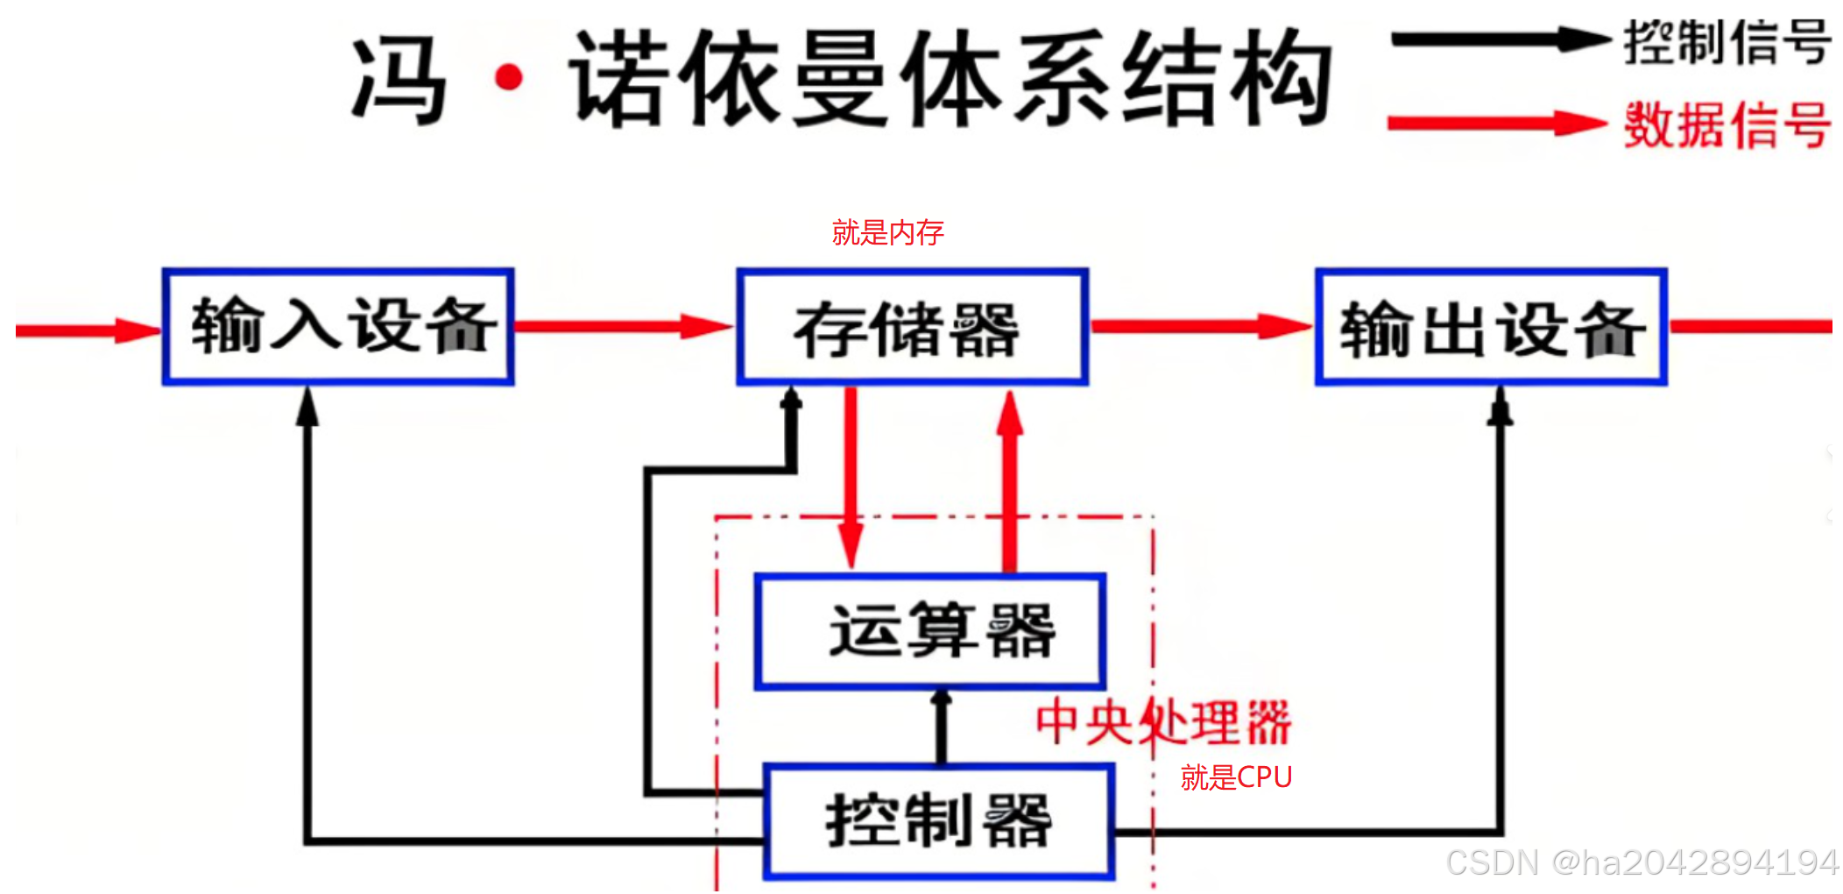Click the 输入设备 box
pos(338,326)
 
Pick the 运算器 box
pos(930,631)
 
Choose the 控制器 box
pos(939,821)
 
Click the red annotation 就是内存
pos(887,232)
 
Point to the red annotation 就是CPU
pos(1235,777)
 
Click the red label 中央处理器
pos(1163,723)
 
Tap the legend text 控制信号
pos(1726,42)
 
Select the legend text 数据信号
pos(1726,125)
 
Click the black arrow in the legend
pos(1498,39)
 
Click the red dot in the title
pos(509,79)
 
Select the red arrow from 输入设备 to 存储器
pos(623,327)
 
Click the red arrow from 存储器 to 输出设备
pos(1200,327)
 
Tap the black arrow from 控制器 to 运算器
pos(942,727)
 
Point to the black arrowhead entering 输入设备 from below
pos(307,406)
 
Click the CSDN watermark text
pos(1642,862)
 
